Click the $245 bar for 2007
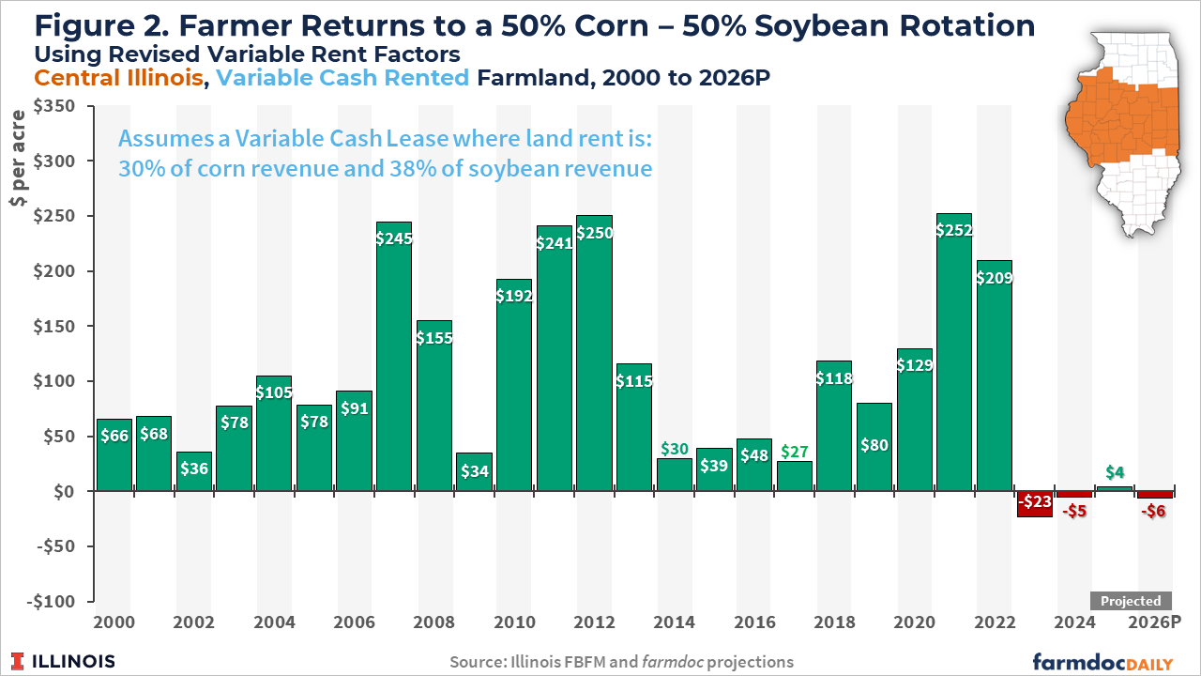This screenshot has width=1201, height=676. (394, 357)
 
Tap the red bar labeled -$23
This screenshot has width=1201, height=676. (1034, 503)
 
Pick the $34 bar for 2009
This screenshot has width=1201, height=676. (475, 472)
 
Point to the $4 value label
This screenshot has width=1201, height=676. (1114, 471)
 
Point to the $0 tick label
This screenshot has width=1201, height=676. (75, 492)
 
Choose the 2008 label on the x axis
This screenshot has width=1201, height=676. (434, 622)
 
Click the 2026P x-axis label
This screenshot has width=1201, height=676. (1155, 622)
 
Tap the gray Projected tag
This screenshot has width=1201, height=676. (1131, 601)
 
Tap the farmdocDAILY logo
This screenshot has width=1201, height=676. (1102, 661)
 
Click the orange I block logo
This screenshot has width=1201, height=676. (18, 661)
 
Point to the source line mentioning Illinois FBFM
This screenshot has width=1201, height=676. (621, 662)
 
